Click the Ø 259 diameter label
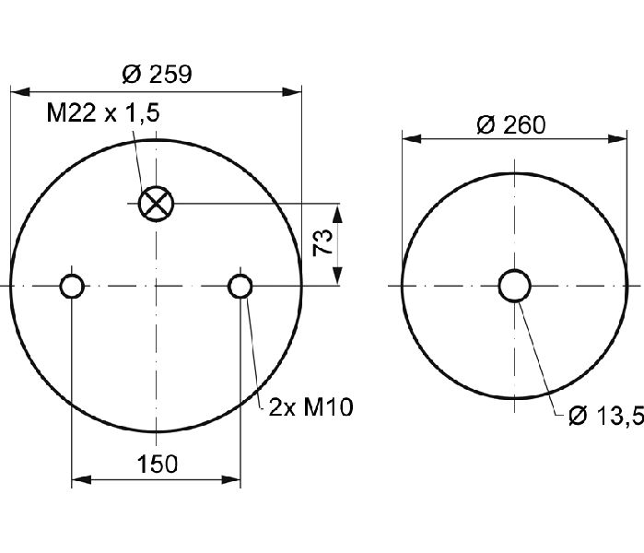[157, 75]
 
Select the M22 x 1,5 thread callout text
[102, 112]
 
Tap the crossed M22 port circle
[156, 204]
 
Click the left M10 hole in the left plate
[72, 286]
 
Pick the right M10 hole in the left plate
[240, 286]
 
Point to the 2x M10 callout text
[310, 407]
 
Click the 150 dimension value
[158, 464]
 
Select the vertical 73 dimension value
[322, 243]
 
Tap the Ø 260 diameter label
[511, 125]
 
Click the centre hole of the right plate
[515, 286]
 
